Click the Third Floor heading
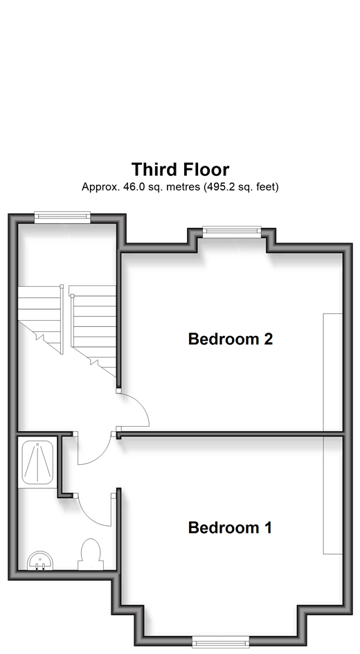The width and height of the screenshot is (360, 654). tap(181, 170)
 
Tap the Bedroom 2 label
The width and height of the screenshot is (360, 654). tap(231, 339)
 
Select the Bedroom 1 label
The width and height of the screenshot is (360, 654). tap(230, 528)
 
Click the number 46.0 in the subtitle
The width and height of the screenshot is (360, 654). tap(132, 187)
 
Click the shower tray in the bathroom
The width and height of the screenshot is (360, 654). tap(37, 462)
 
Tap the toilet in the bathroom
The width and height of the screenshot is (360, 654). tap(91, 554)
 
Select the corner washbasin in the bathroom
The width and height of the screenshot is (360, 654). tap(40, 560)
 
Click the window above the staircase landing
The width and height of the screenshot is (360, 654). tap(62, 218)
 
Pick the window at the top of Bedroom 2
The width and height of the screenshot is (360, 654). tap(232, 231)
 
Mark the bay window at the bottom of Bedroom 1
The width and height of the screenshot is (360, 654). tap(220, 642)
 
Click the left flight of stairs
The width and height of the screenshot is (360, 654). tap(41, 320)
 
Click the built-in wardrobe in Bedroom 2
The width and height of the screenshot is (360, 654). tap(333, 371)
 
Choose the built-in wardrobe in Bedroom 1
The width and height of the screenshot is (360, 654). tap(333, 495)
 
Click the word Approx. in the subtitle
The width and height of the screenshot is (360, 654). tap(100, 187)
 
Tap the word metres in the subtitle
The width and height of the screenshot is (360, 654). tap(183, 187)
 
